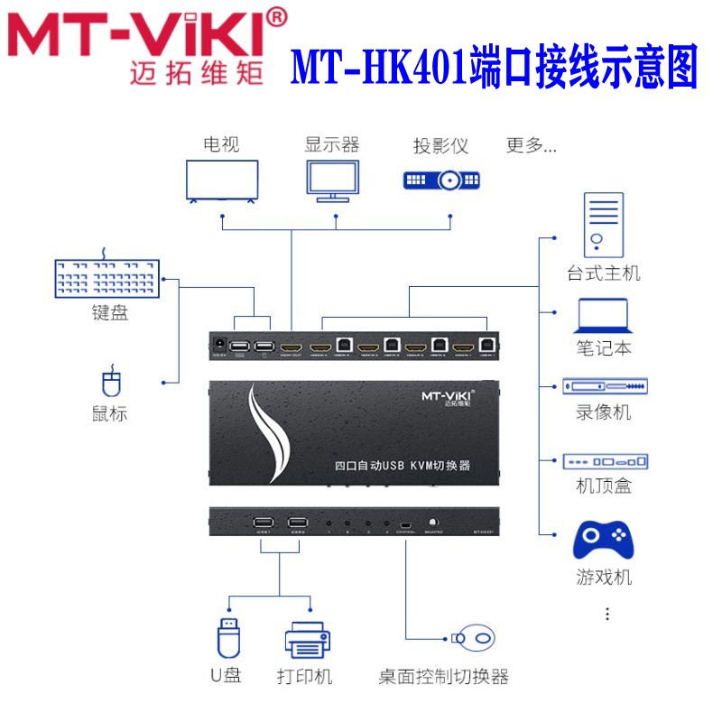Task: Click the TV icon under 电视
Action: point(221,180)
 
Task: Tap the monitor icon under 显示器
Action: point(331,180)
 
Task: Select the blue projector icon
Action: point(441,180)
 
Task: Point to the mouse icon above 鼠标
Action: point(110,383)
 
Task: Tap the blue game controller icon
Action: point(603,539)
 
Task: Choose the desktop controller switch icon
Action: point(476,638)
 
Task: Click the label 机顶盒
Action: point(604,486)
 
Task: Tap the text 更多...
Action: point(531,144)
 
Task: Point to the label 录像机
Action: point(604,412)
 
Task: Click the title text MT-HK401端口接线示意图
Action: point(494,65)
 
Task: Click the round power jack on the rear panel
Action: point(218,345)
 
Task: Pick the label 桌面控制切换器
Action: point(443,677)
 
